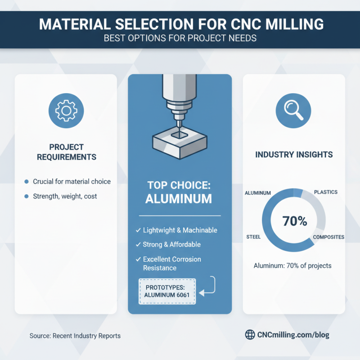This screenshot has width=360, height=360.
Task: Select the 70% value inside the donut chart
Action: click(x=294, y=221)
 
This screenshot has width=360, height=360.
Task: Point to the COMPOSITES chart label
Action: click(x=328, y=237)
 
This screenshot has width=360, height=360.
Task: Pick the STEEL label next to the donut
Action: click(x=254, y=237)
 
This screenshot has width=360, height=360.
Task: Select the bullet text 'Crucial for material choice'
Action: click(x=72, y=181)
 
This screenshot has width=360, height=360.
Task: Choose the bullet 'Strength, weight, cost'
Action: click(x=65, y=196)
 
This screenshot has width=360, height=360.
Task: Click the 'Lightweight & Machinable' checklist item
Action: click(x=180, y=230)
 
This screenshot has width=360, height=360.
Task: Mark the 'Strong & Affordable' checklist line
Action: click(x=171, y=244)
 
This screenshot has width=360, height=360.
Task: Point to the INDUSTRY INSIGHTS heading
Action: click(x=294, y=154)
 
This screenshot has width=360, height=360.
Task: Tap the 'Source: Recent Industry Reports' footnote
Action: click(x=75, y=336)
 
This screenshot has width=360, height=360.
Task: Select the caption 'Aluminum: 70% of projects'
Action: click(x=292, y=265)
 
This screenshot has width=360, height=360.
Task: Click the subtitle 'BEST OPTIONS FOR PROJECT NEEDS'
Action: click(x=180, y=38)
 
